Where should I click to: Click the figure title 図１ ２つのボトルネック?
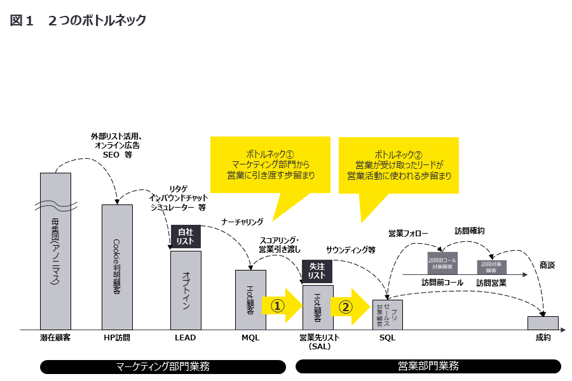pyautogui.click(x=78, y=20)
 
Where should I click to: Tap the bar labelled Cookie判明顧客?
pyautogui.click(x=117, y=267)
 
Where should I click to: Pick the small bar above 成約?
pyautogui.click(x=543, y=323)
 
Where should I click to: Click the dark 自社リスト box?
pyautogui.click(x=186, y=236)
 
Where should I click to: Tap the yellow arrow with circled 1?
pyautogui.click(x=282, y=306)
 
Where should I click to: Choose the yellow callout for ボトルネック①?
pyautogui.click(x=269, y=164)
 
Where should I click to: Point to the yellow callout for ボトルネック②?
pyautogui.click(x=399, y=164)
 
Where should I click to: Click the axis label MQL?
pyautogui.click(x=250, y=338)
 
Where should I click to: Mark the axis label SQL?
pyautogui.click(x=387, y=338)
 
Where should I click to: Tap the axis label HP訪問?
pyautogui.click(x=117, y=338)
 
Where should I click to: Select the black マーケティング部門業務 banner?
pyautogui.click(x=163, y=366)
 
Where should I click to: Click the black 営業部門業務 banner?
pyautogui.click(x=428, y=366)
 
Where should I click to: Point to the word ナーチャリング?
pyautogui.click(x=242, y=222)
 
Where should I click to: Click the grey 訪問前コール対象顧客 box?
pyautogui.click(x=442, y=263)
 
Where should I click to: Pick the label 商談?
pyautogui.click(x=547, y=264)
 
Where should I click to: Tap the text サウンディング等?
pyautogui.click(x=350, y=250)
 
